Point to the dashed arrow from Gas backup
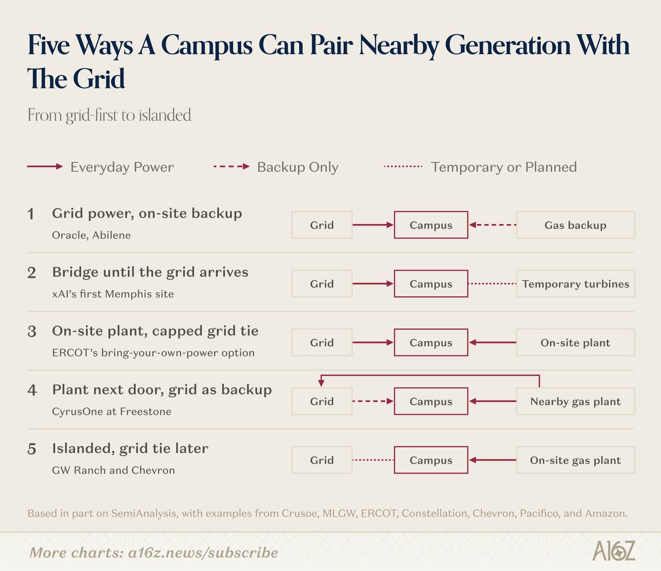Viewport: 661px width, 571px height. click(x=492, y=225)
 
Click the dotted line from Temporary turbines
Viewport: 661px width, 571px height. click(x=492, y=284)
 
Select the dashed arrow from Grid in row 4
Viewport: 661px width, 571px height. click(x=373, y=401)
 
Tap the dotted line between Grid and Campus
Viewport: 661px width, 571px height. click(x=373, y=460)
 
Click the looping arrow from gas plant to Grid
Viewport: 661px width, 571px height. click(x=430, y=376)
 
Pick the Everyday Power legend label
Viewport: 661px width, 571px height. click(x=122, y=167)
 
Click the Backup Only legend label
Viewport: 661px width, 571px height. click(x=297, y=167)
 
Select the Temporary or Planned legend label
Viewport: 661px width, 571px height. click(x=503, y=167)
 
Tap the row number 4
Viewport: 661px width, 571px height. click(x=32, y=390)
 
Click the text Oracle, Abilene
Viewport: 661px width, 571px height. click(x=91, y=235)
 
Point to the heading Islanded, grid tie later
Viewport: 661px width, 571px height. click(x=130, y=448)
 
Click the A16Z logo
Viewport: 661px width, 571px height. click(x=614, y=551)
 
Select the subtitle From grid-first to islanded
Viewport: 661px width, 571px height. click(x=110, y=115)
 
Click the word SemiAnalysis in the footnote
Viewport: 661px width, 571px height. click(x=144, y=513)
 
